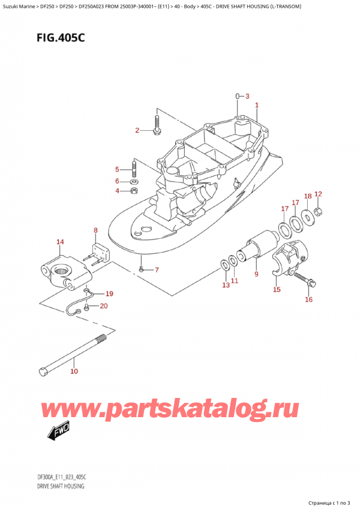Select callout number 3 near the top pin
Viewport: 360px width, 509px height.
coord(247,95)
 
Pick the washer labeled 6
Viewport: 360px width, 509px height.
coord(134,181)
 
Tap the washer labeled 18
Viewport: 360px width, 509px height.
coord(307,217)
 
